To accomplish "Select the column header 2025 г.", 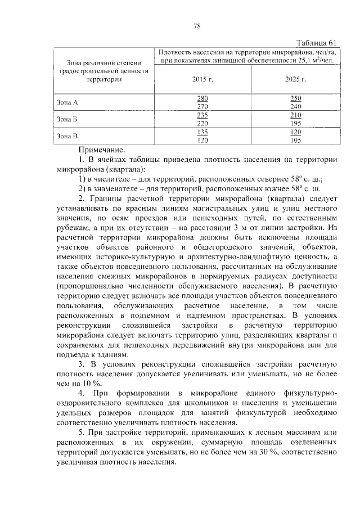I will point(295,79).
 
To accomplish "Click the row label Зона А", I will point(67,102).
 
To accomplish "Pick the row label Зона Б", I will point(67,119).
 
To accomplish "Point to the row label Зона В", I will point(67,136).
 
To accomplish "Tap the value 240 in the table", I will point(295,106).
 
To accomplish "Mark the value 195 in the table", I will point(295,123).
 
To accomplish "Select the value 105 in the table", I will point(295,140).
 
